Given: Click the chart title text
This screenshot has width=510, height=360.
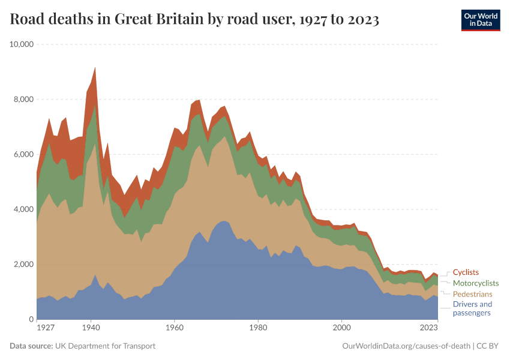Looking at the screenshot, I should click(194, 20).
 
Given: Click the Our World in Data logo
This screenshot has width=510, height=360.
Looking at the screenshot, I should click(480, 19).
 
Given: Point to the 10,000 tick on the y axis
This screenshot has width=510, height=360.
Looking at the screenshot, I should click(21, 44).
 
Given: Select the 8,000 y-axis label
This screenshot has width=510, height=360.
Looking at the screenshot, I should click(23, 100).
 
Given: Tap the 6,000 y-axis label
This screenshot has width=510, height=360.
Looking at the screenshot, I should click(23, 154).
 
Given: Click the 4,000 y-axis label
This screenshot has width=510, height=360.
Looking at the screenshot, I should click(23, 209).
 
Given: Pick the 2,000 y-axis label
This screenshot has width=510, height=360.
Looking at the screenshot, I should click(23, 265).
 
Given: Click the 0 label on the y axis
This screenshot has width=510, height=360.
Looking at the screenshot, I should click(31, 320).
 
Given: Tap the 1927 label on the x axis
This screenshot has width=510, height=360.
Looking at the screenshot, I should click(46, 328).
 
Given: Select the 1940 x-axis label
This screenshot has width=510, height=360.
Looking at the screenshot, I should click(91, 328).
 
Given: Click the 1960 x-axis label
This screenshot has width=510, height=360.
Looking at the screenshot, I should click(175, 328).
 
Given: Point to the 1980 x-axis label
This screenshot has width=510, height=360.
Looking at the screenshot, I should click(258, 328).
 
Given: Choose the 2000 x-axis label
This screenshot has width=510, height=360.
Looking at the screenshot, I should click(342, 328).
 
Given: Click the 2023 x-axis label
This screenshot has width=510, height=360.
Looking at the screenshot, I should click(428, 328).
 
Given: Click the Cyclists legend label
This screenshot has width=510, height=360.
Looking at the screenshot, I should click(466, 272).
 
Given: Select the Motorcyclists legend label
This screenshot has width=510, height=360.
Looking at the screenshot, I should click(476, 283).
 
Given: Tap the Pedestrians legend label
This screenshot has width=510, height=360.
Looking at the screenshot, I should click(472, 294).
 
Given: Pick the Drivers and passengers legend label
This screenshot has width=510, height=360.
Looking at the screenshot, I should click(472, 308).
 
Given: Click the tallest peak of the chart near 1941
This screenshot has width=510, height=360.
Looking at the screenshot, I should click(95, 68).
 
